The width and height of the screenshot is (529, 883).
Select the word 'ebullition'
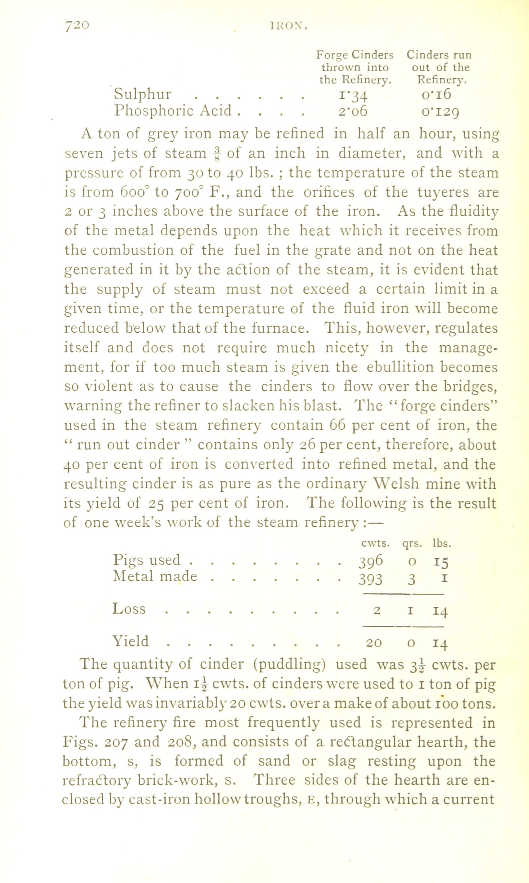[x=398, y=367]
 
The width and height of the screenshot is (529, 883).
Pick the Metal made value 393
[x=370, y=579]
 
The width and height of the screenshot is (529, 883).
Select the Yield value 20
[x=374, y=642]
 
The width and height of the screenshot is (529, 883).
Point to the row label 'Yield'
[x=131, y=641]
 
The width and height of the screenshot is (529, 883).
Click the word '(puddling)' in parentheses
[x=289, y=664]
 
